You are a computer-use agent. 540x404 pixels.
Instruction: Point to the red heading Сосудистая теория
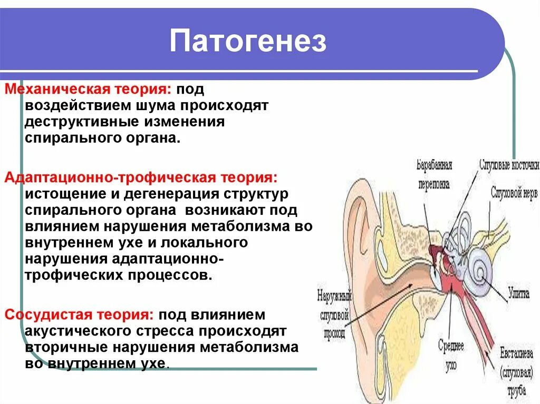click(80, 315)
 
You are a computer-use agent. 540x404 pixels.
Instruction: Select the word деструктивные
click(81, 122)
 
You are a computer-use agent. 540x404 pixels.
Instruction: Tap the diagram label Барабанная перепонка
click(435, 174)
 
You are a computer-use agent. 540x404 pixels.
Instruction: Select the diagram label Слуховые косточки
click(508, 165)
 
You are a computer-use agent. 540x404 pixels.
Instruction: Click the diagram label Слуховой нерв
click(514, 193)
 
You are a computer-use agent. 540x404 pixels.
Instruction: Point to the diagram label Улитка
click(519, 294)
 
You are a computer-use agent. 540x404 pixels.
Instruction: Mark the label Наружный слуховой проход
click(333, 314)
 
